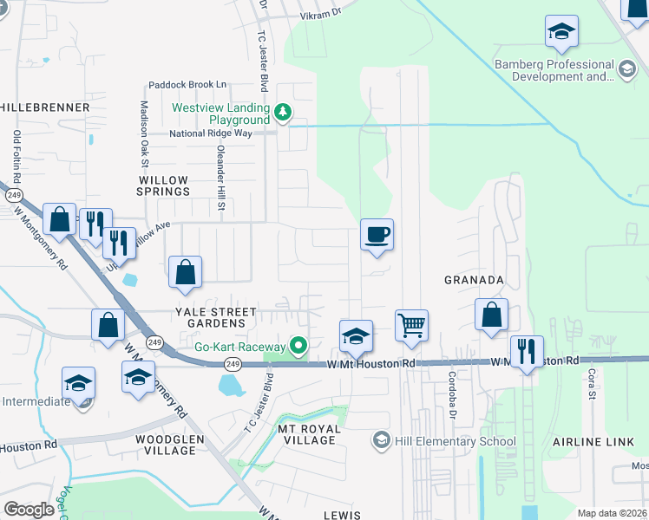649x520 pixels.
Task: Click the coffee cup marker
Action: [x=377, y=236]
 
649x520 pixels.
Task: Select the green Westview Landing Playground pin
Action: [x=282, y=112]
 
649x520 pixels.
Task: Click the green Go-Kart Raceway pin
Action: [x=299, y=346]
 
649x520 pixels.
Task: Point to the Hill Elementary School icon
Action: [x=380, y=441]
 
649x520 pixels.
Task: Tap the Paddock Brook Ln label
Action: [x=187, y=85]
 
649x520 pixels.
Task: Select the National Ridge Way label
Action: [x=211, y=133]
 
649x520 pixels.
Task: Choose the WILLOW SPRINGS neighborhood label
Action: [x=164, y=185]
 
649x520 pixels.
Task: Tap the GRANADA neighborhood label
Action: [x=474, y=280]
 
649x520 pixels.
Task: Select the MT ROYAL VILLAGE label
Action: [x=306, y=434]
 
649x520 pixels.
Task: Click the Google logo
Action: [x=29, y=510]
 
